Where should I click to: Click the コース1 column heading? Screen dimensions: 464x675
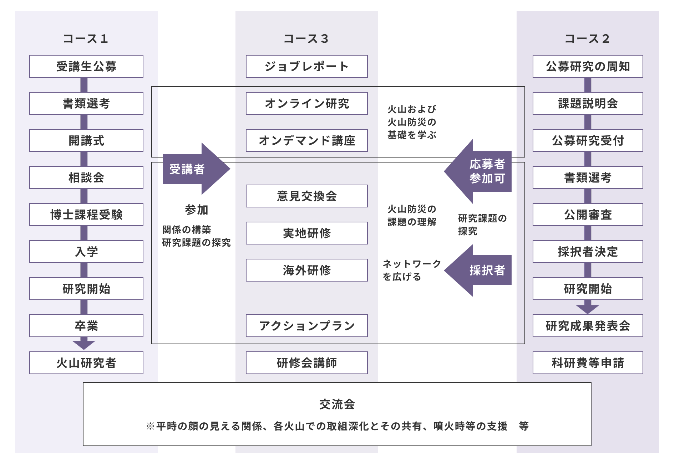point(86,38)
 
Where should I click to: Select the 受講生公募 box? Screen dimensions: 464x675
point(86,66)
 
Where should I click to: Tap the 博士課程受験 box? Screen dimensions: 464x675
point(86,215)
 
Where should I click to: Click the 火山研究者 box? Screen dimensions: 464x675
point(86,363)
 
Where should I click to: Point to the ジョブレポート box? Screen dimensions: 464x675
point(306,66)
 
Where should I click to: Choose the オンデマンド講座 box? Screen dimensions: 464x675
point(306,140)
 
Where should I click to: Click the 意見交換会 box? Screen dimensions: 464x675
point(306,196)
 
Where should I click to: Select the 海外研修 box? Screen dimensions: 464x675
point(306,270)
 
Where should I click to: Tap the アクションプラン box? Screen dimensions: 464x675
point(306,326)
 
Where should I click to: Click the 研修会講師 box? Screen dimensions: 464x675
point(306,363)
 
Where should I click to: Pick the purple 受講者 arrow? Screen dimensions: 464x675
point(193,169)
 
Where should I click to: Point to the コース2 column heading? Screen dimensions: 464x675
point(587,38)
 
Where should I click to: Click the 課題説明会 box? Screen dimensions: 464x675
point(588,103)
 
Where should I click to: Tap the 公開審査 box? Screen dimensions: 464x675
point(588,215)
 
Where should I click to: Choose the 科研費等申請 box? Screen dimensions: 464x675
point(588,363)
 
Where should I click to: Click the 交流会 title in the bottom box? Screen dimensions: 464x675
point(337,404)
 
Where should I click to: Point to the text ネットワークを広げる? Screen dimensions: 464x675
point(411,270)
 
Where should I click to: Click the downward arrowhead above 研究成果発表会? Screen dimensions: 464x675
point(587,309)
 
